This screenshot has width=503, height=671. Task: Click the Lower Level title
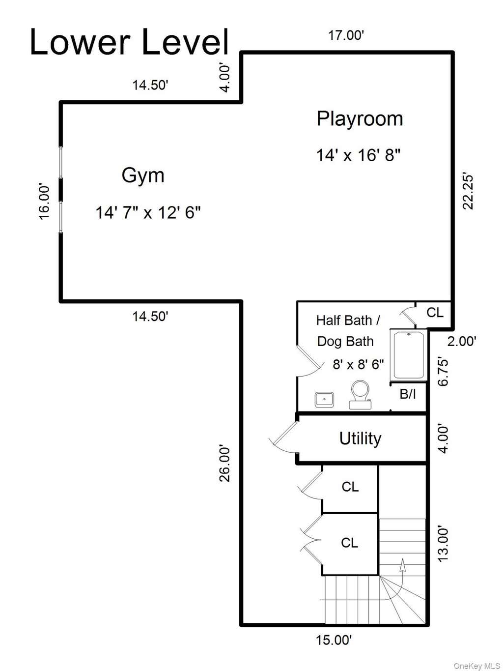(130, 42)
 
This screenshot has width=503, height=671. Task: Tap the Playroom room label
(360, 119)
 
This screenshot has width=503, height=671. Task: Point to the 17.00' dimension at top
(346, 36)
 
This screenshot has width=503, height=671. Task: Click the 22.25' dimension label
(468, 192)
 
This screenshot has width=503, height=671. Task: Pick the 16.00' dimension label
(44, 202)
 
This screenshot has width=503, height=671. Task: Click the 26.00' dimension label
(224, 465)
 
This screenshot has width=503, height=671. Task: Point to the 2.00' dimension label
(462, 341)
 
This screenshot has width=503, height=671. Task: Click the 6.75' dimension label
(444, 372)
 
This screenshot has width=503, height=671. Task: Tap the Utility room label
(361, 438)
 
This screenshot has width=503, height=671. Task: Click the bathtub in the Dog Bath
(408, 355)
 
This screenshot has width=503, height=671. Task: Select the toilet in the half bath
(361, 394)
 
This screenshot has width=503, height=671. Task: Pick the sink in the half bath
(324, 400)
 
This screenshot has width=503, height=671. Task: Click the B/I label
(408, 394)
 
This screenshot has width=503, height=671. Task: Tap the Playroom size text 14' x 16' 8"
(358, 155)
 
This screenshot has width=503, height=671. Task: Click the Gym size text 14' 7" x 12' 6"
(148, 212)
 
